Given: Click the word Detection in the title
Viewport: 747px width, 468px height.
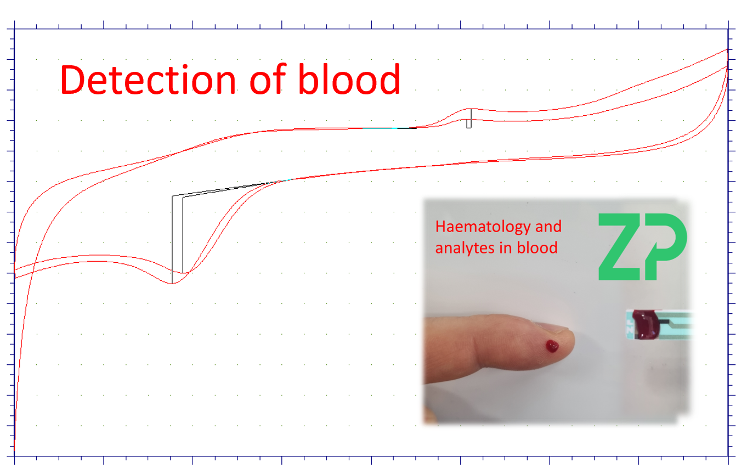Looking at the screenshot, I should pos(148,80).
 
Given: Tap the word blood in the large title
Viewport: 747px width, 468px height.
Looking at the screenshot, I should pos(349,80).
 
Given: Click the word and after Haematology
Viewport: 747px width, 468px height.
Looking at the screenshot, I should pos(548,227).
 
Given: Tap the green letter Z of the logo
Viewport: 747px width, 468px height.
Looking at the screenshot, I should pos(624,246).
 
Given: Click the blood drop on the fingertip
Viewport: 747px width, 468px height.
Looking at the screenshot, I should pos(552,346).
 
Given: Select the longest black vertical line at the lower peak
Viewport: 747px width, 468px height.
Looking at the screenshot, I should pos(172,239).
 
